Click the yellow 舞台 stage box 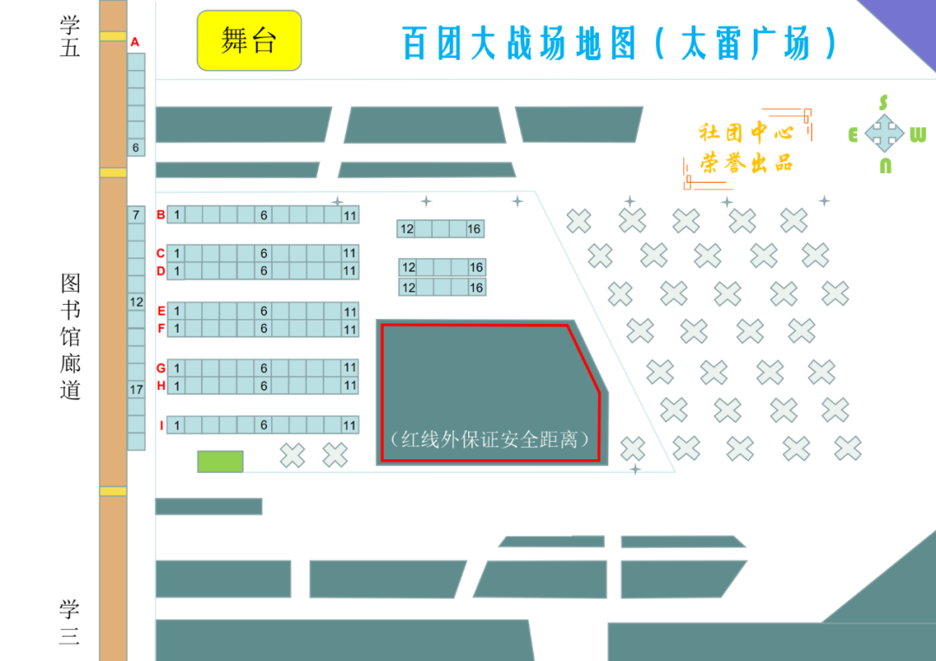[x=249, y=41]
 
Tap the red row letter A [x=135, y=42]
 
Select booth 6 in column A [x=136, y=147]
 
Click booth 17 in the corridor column [x=136, y=390]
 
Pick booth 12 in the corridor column [x=136, y=302]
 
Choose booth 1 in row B [x=176, y=214]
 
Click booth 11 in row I [x=349, y=425]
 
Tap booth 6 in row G [x=264, y=368]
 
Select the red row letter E [x=161, y=311]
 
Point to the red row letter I [x=161, y=425]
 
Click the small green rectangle [x=220, y=462]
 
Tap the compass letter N [x=885, y=166]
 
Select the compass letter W [x=918, y=135]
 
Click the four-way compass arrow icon [x=884, y=134]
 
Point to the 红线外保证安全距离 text [x=491, y=439]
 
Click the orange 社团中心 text [x=746, y=133]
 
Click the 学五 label [x=70, y=36]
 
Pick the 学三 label [x=70, y=622]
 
